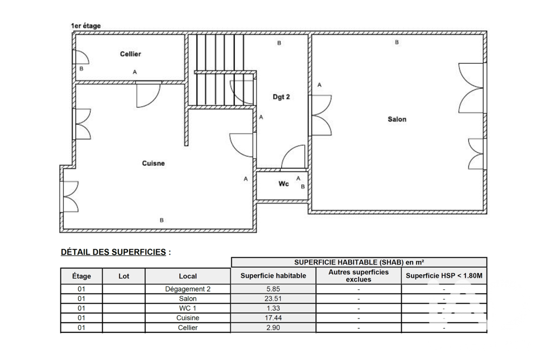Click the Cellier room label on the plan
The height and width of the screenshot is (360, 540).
click(x=130, y=54)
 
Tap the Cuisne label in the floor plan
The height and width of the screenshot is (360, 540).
click(x=153, y=163)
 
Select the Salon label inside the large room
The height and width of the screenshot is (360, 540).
click(x=397, y=119)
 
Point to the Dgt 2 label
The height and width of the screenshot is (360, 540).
click(x=281, y=97)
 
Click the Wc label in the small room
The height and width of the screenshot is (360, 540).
click(x=283, y=184)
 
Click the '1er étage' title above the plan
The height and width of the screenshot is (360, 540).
click(x=86, y=26)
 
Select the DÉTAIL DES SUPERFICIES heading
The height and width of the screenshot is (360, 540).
click(x=113, y=252)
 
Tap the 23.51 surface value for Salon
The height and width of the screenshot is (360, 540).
click(x=273, y=298)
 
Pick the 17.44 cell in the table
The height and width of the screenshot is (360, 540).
click(x=273, y=318)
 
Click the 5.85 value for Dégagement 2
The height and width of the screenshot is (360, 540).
click(x=273, y=289)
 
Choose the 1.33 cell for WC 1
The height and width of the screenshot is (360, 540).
click(x=273, y=308)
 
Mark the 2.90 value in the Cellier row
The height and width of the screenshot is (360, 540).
click(x=273, y=328)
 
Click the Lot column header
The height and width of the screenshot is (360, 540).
click(x=124, y=276)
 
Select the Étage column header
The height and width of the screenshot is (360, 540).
click(x=82, y=276)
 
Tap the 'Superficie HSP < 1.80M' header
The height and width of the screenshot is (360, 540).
click(x=444, y=276)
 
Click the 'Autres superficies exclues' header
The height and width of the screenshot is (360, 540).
click(x=359, y=276)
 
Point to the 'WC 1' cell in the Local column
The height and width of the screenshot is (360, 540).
click(x=187, y=308)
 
